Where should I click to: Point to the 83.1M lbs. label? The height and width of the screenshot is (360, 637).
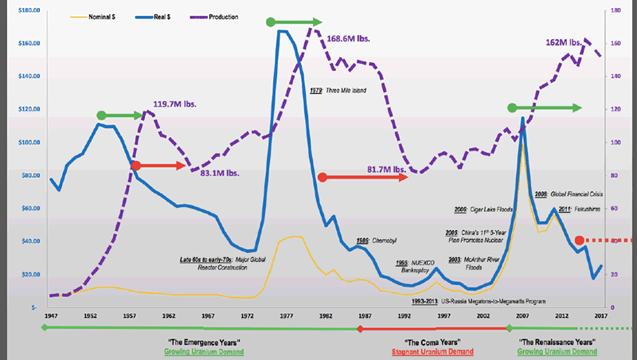coord(217,171)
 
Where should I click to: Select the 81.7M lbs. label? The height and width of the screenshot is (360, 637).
coord(385,169)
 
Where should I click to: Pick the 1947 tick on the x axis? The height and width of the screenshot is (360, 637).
coord(49,316)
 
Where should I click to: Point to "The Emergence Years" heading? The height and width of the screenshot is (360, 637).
coord(203,342)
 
